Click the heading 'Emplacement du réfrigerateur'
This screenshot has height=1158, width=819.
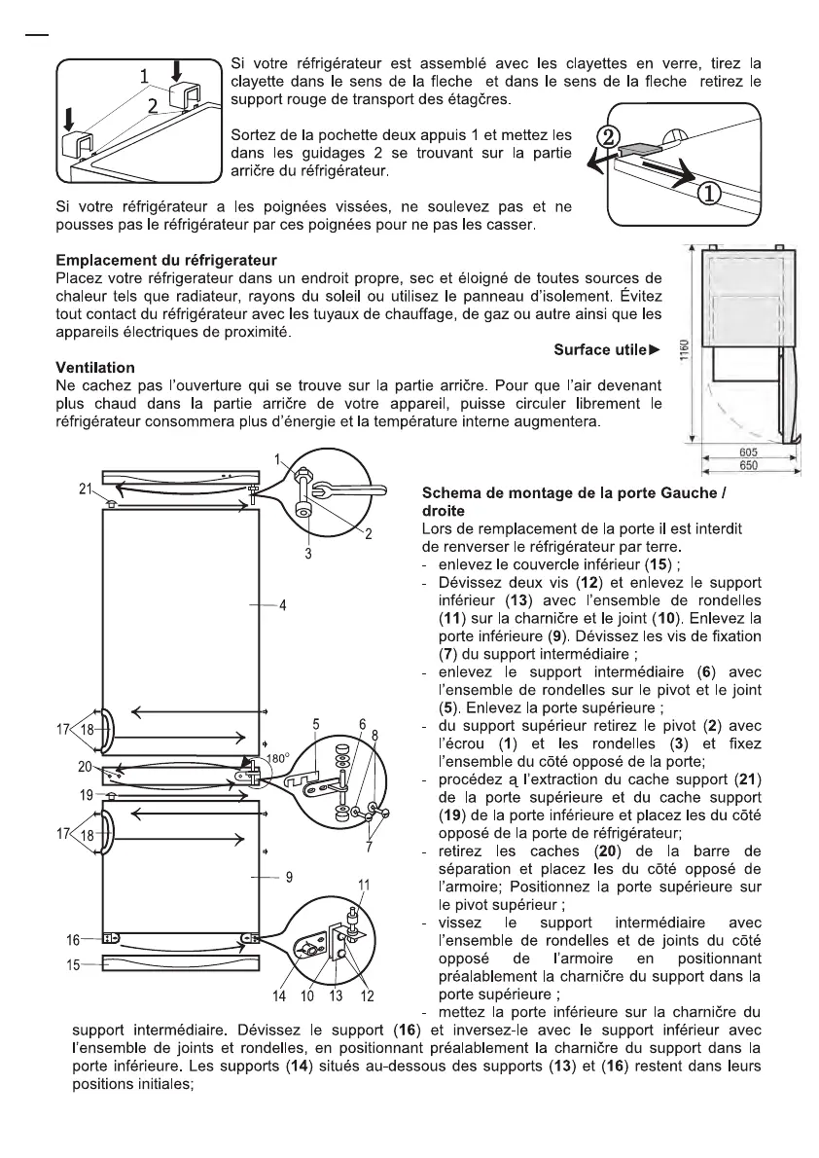coord(166,261)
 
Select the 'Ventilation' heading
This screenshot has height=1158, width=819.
coord(95,368)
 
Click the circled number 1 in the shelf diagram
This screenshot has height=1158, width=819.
coord(711,194)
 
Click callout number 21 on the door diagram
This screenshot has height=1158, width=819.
coord(86,489)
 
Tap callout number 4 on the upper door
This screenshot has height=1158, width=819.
coord(282,606)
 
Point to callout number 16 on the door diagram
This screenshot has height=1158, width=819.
coord(73,940)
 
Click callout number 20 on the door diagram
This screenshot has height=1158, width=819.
coord(86,767)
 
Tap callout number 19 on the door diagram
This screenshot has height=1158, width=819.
coord(86,794)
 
